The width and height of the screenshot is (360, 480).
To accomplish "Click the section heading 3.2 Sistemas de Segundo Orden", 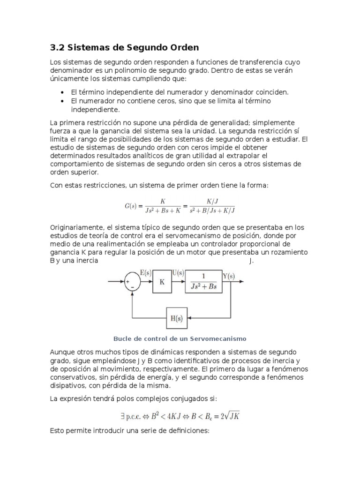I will tap(124, 47).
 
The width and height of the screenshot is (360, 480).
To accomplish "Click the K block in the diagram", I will tap(162, 282).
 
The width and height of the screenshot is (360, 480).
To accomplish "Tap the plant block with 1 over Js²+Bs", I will tap(203, 282).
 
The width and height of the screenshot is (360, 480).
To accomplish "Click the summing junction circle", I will tap(133, 283).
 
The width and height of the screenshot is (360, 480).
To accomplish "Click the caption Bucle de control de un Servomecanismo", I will tap(180, 338).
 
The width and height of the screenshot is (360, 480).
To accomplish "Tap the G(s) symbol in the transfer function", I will tap(131, 205).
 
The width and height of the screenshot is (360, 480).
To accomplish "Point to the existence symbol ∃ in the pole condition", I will tap(124, 415).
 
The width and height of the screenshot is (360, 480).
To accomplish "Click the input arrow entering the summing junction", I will tap(115, 281).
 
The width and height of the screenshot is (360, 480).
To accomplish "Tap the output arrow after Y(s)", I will tap(239, 281).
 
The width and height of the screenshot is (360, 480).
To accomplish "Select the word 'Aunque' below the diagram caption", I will tap(61, 352).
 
